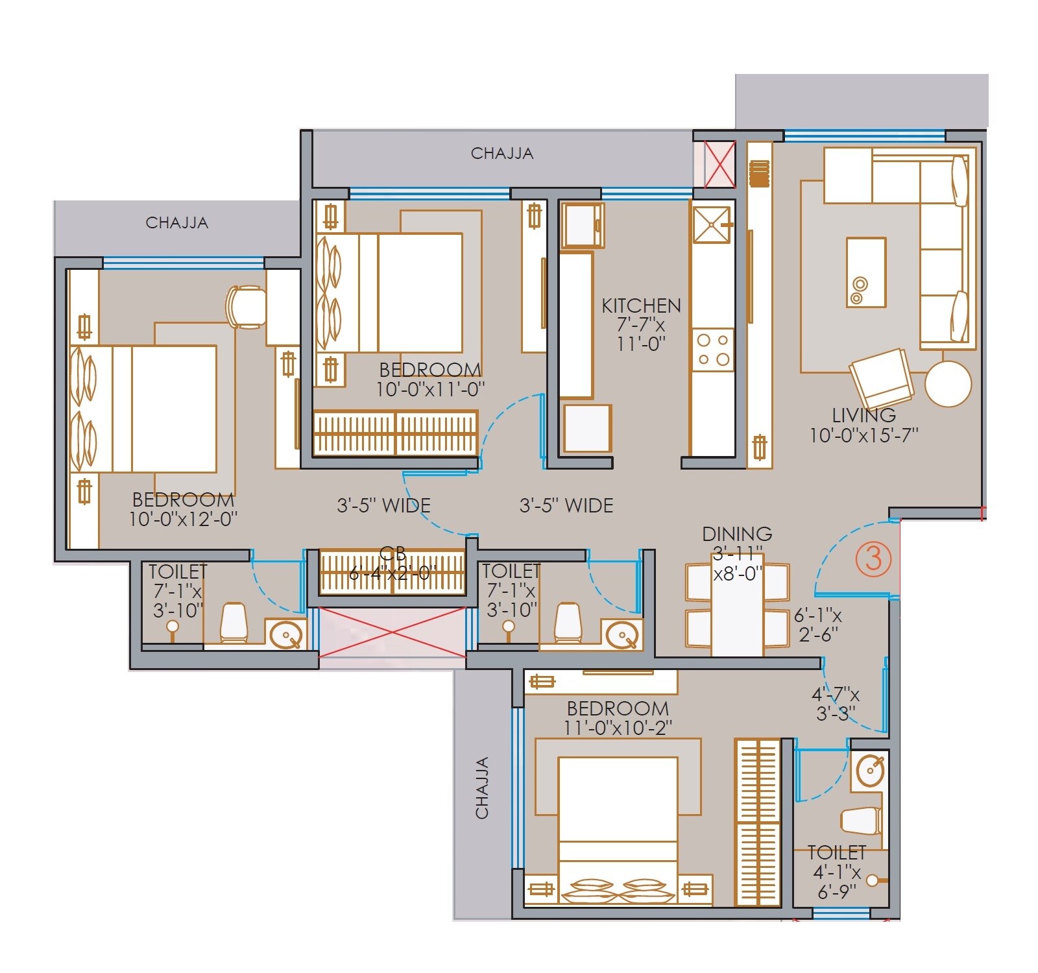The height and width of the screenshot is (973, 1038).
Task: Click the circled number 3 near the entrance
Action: pyautogui.click(x=873, y=559)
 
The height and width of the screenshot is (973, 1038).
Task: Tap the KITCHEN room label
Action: pyautogui.click(x=641, y=306)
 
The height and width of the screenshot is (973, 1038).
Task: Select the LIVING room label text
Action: pyautogui.click(x=863, y=415)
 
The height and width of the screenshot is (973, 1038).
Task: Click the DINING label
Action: pyautogui.click(x=737, y=534)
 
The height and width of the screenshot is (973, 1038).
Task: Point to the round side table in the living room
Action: pyautogui.click(x=948, y=383)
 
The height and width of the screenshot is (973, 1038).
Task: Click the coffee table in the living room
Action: pyautogui.click(x=866, y=272)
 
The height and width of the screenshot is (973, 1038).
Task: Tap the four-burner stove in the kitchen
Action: pyautogui.click(x=712, y=350)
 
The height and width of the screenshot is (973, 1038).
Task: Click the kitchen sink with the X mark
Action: pyautogui.click(x=712, y=224)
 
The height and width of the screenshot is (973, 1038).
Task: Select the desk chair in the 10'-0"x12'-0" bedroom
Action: pyautogui.click(x=245, y=306)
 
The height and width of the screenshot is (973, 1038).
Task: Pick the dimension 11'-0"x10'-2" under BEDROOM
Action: pyautogui.click(x=617, y=728)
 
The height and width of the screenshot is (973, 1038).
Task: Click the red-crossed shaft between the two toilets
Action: pyautogui.click(x=392, y=632)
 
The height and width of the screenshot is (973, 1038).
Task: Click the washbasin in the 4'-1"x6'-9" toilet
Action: pyautogui.click(x=870, y=771)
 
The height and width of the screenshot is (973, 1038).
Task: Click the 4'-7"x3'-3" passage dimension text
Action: pyautogui.click(x=836, y=704)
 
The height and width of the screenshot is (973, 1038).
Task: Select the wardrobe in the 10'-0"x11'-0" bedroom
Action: pyautogui.click(x=396, y=433)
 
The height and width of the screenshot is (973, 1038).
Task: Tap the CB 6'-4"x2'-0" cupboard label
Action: pyautogui.click(x=392, y=564)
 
